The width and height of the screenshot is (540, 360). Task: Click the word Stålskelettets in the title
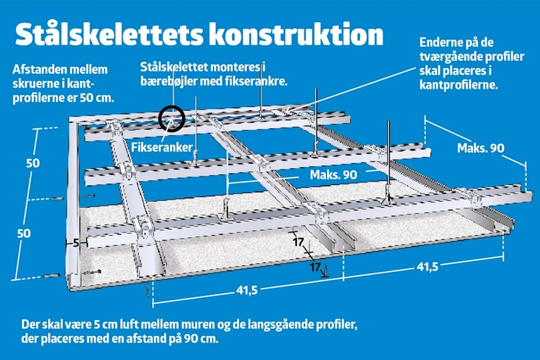[x=108, y=34]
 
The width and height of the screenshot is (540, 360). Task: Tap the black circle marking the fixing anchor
[x=172, y=118]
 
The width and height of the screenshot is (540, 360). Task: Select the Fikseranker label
[x=162, y=148]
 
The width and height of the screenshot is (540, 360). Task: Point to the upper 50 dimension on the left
[x=33, y=163]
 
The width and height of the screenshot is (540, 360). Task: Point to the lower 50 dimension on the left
[x=24, y=234]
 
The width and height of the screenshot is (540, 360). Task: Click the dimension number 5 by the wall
[x=76, y=243]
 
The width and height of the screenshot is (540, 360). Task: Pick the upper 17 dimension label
[x=298, y=242]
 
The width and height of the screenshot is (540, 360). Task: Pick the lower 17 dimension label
[x=315, y=266]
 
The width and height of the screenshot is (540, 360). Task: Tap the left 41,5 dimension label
[x=247, y=291]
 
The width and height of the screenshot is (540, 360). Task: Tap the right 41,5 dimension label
[x=427, y=266]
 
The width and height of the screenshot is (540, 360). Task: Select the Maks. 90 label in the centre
[x=333, y=175]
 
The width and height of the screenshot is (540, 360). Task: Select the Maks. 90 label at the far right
[x=481, y=148]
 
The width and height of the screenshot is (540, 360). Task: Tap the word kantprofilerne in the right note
[x=459, y=85]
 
